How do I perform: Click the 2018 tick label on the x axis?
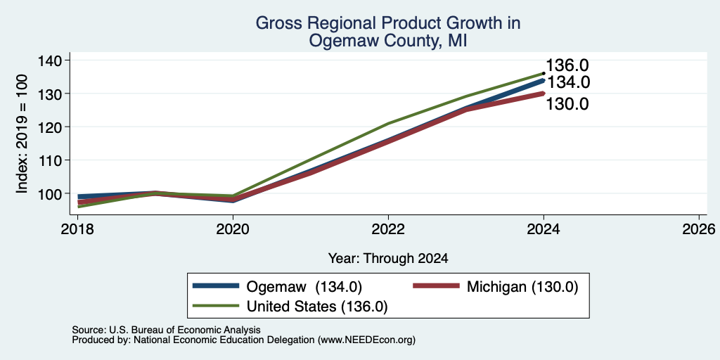click(x=77, y=229)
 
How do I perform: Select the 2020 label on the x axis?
click(x=233, y=229)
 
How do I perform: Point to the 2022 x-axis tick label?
click(x=388, y=229)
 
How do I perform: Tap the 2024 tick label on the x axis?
click(x=544, y=229)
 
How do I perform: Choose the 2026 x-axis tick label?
click(x=699, y=229)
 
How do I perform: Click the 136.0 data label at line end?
click(x=567, y=65)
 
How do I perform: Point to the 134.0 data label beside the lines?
click(x=568, y=83)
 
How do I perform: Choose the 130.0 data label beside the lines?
click(x=567, y=104)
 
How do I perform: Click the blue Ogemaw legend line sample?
click(x=216, y=286)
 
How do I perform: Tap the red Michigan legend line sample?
click(x=436, y=286)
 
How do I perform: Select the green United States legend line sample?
click(x=216, y=306)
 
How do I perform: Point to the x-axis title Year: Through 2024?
click(x=388, y=259)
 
